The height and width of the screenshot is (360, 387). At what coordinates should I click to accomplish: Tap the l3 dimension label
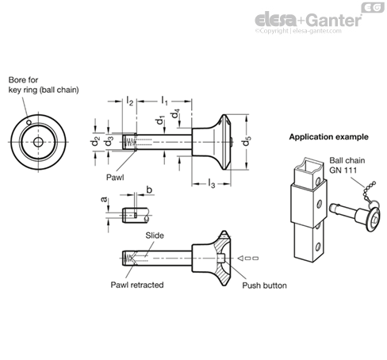[212, 185]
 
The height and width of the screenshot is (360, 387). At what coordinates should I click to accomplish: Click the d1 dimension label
[161, 121]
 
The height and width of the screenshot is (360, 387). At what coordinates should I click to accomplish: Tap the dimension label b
[149, 191]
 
